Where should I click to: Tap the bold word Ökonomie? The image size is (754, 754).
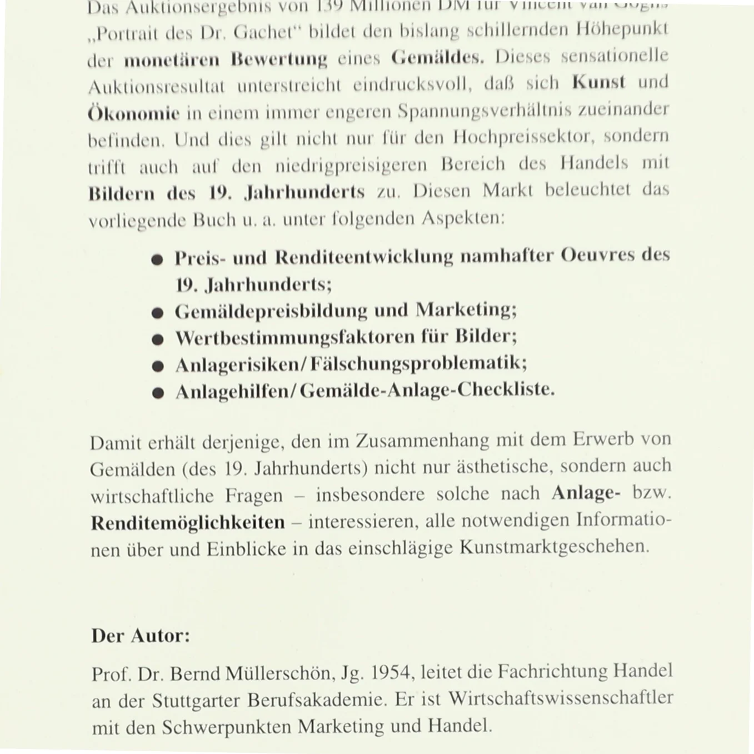pyautogui.click(x=134, y=113)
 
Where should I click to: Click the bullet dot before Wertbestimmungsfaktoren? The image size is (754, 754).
pyautogui.click(x=158, y=339)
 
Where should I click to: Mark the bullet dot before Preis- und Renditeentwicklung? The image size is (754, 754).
pyautogui.click(x=158, y=259)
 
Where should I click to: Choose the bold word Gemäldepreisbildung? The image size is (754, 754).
pyautogui.click(x=271, y=311)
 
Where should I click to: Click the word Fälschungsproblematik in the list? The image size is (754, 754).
pyautogui.click(x=418, y=364)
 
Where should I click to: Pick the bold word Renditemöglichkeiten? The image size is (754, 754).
pyautogui.click(x=188, y=523)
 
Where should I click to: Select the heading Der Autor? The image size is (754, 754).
pyautogui.click(x=141, y=635)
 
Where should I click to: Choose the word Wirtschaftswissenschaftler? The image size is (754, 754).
pyautogui.click(x=561, y=698)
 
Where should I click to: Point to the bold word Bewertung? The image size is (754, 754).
pyautogui.click(x=279, y=59)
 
